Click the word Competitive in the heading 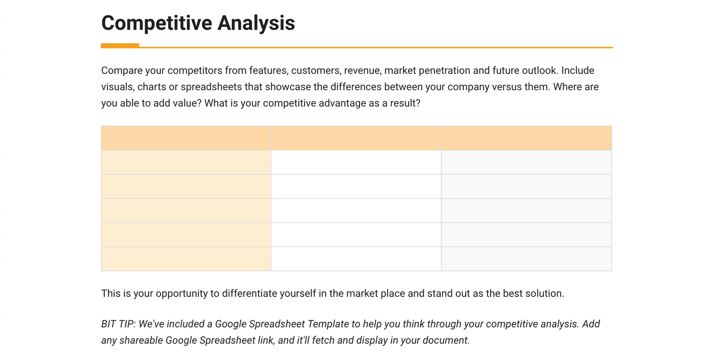[157, 23]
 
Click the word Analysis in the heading [256, 24]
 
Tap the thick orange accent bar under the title [120, 46]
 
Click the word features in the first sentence [268, 71]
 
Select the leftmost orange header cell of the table [186, 138]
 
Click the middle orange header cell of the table [356, 138]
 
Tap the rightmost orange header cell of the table [527, 138]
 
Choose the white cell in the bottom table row [356, 259]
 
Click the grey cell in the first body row [527, 162]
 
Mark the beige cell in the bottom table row [186, 259]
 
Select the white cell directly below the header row [356, 162]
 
